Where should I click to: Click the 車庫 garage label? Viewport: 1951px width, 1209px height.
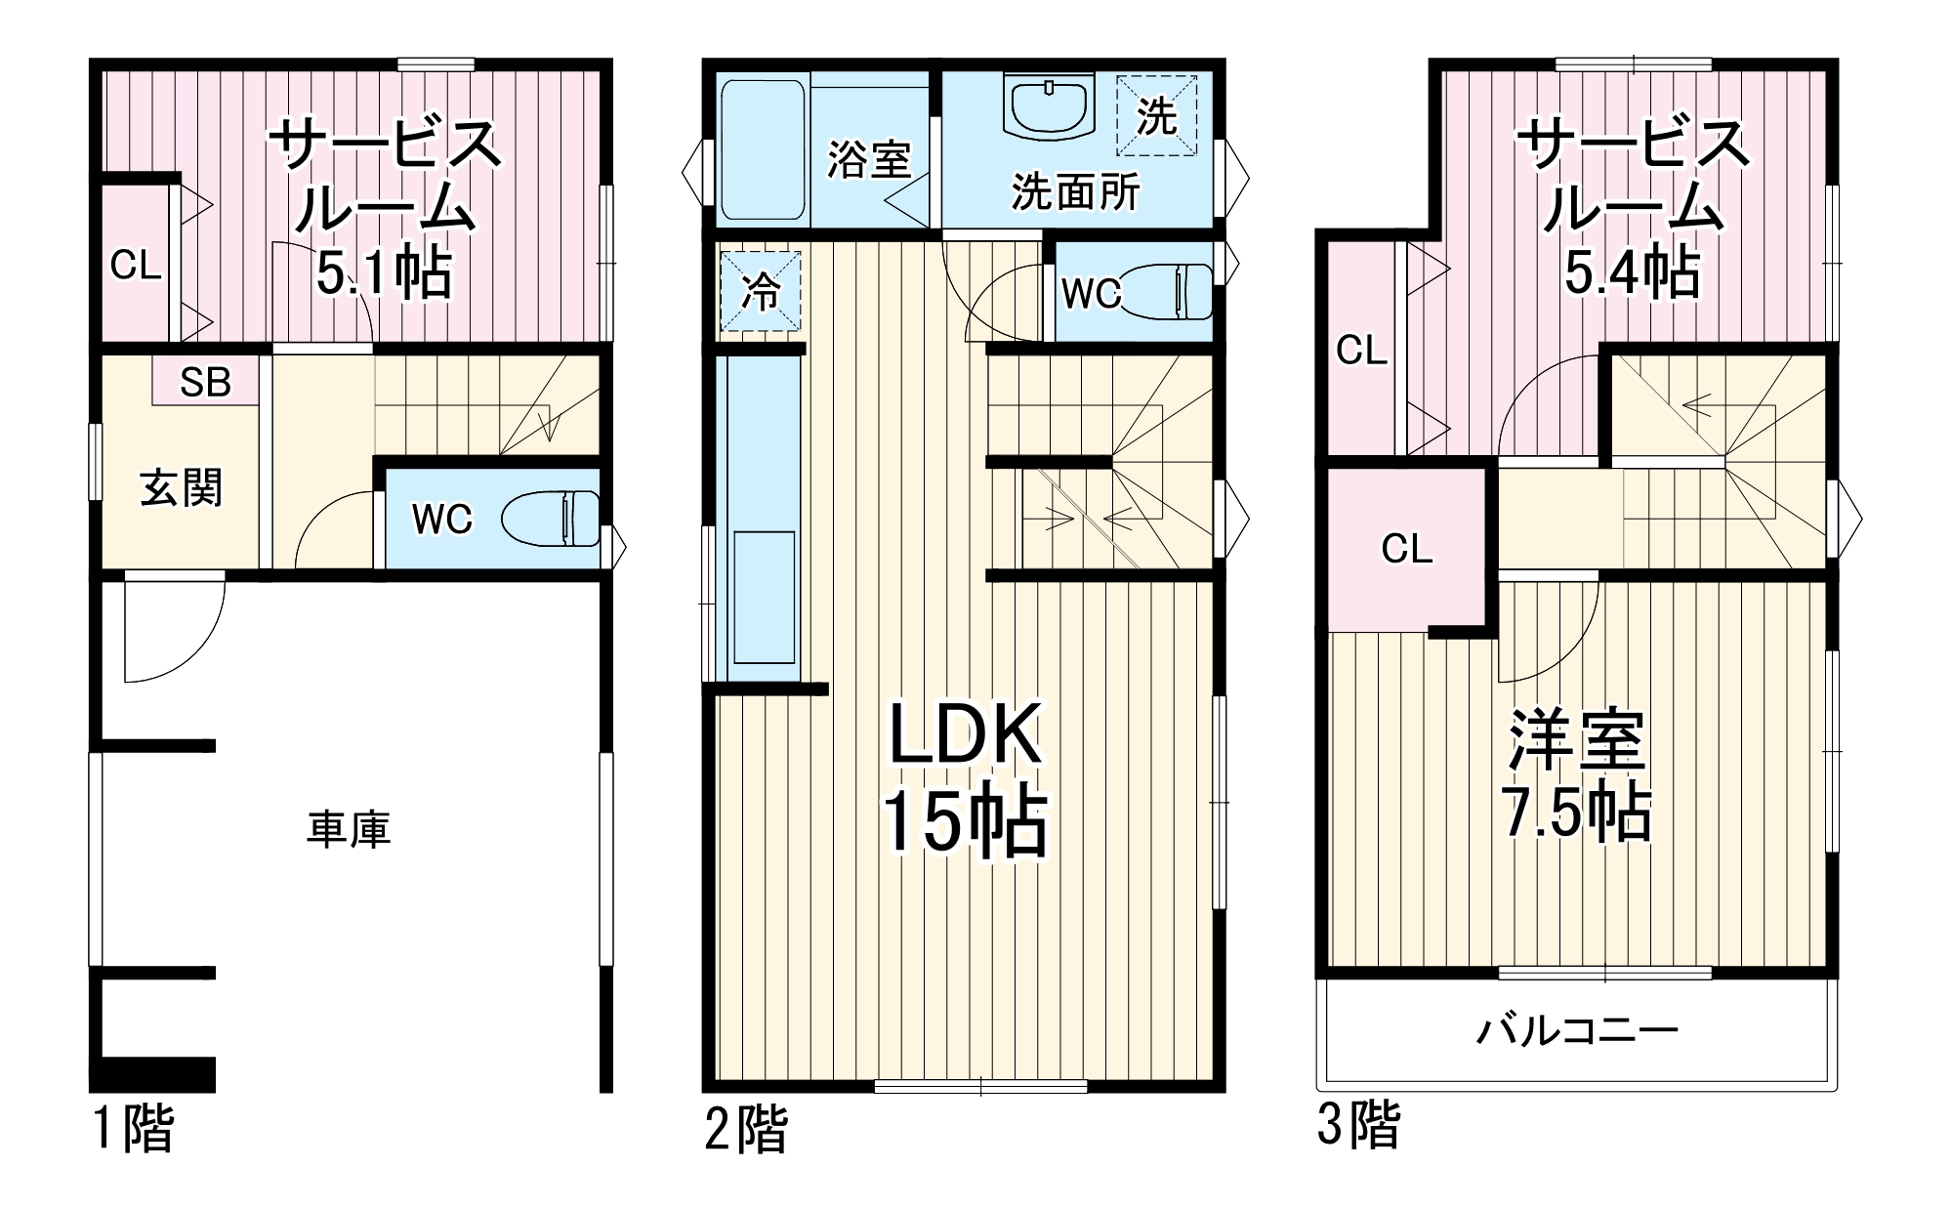pyautogui.click(x=349, y=829)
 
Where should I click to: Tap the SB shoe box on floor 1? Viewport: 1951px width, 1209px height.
pyautogui.click(x=205, y=382)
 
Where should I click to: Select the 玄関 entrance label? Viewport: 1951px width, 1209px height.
pyautogui.click(x=182, y=487)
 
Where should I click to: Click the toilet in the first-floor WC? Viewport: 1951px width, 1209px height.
pyautogui.click(x=553, y=519)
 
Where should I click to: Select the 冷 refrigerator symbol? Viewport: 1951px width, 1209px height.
pyautogui.click(x=761, y=291)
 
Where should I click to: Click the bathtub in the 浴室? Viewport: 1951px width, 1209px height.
pyautogui.click(x=763, y=151)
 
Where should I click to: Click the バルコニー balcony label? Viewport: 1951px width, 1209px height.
pyautogui.click(x=1576, y=1031)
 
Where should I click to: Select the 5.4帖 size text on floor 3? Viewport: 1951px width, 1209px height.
pyautogui.click(x=1632, y=272)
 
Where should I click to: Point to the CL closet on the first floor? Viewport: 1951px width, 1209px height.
pyautogui.click(x=136, y=265)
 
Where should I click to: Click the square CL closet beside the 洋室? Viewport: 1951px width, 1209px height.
pyautogui.click(x=1406, y=550)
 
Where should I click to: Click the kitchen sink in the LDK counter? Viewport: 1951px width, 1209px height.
pyautogui.click(x=764, y=598)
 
